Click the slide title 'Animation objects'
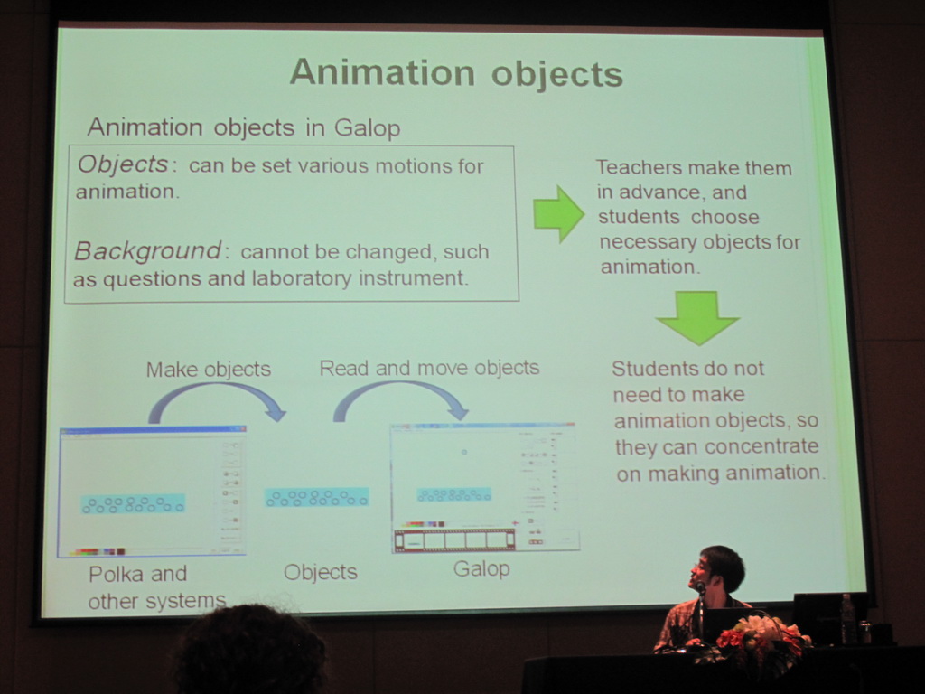[456, 73]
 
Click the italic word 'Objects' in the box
[123, 164]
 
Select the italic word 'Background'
[147, 251]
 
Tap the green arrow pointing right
[558, 213]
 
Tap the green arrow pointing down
[698, 317]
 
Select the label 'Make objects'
[209, 370]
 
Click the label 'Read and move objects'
[429, 369]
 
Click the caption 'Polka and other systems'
[157, 587]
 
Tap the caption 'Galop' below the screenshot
[481, 569]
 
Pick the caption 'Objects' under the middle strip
[321, 572]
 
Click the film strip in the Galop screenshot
[454, 539]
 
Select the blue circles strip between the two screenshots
[317, 498]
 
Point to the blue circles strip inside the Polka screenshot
[133, 504]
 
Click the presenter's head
[720, 569]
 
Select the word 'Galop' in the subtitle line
[367, 128]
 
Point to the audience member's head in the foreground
[250, 649]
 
